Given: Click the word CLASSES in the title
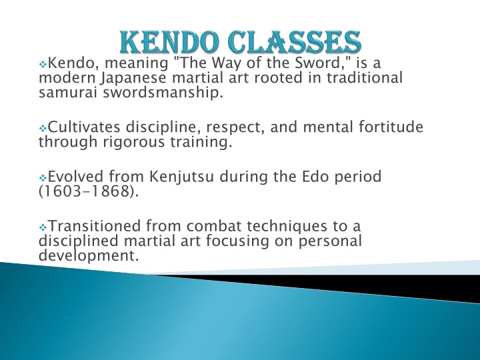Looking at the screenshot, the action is pos(295,42).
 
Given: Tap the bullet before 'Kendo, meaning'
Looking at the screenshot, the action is pos(43,64).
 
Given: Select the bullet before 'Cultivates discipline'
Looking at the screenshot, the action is pos(43,128).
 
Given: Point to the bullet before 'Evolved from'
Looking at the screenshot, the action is pos(43,177).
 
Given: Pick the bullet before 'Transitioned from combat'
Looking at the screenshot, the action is pos(43,227).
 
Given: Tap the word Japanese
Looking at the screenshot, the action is pos(133,78).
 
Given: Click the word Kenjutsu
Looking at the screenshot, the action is pos(182,177).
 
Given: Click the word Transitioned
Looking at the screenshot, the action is pos(94,226).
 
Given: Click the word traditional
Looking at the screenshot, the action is pos(364,77).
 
